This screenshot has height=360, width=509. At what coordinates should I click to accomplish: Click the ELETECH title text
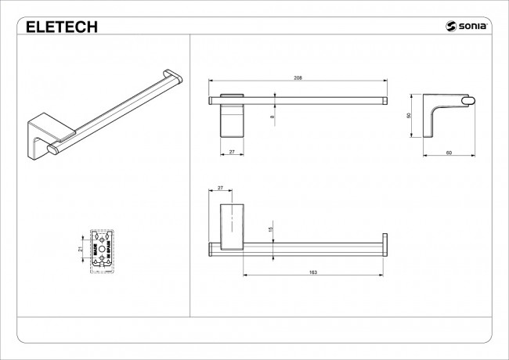point(62,27)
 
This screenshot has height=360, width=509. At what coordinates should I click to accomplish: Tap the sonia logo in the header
point(468,27)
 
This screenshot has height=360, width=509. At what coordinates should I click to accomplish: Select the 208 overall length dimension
point(298,78)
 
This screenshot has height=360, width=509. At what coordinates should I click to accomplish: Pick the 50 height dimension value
point(409,116)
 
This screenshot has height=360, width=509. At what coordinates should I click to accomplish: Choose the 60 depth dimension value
point(449,152)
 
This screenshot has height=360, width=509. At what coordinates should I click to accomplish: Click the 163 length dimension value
point(313,272)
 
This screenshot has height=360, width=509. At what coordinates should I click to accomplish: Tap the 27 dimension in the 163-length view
point(220,188)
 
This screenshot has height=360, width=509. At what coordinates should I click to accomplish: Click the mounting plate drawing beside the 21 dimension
point(104,248)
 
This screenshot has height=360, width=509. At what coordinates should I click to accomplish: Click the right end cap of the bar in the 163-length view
point(384,245)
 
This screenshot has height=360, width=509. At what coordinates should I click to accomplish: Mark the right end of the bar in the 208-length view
point(384,99)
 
